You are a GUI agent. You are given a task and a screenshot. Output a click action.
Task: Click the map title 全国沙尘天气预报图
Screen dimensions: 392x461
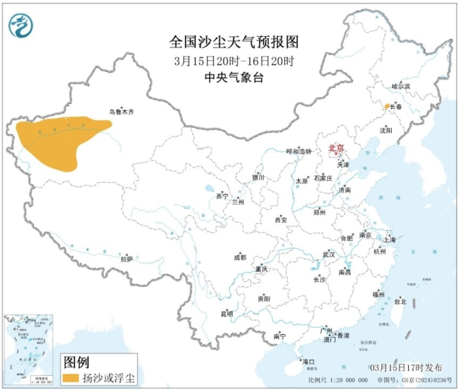click(x=234, y=42)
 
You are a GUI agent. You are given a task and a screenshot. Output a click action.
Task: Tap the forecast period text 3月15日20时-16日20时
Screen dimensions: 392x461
click(x=234, y=61)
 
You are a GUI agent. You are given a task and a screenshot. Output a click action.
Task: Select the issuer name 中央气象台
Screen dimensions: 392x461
click(x=234, y=78)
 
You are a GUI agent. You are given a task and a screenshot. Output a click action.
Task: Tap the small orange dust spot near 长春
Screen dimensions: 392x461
click(x=386, y=106)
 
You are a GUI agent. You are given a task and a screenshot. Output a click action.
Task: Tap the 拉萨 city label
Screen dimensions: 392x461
click(x=126, y=259)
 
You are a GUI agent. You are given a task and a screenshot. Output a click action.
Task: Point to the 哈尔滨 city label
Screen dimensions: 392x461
click(x=401, y=86)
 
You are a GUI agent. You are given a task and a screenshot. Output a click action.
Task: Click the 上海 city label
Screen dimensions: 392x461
click(x=389, y=239)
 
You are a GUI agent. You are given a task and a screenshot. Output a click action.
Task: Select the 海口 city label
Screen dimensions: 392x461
click(x=308, y=361)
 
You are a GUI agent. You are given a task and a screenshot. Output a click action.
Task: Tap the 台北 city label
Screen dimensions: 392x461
click(x=400, y=302)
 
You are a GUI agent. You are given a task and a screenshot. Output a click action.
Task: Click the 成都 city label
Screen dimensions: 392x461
click(x=240, y=257)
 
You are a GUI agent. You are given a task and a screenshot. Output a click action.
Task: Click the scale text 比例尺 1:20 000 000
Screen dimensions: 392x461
click(x=338, y=380)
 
